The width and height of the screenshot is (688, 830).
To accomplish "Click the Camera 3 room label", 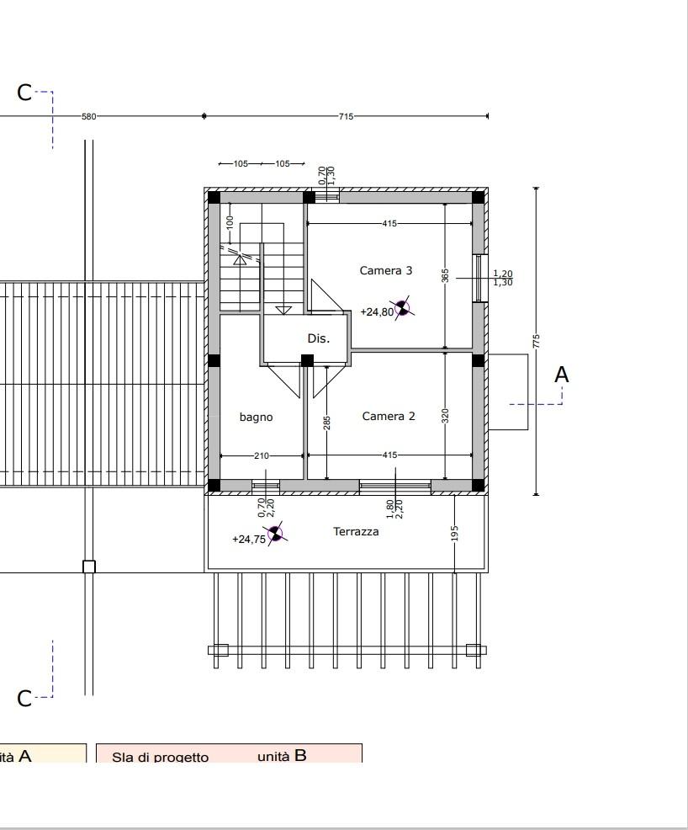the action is pyautogui.click(x=385, y=270).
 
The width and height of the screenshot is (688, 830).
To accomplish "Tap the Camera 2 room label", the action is pyautogui.click(x=389, y=416).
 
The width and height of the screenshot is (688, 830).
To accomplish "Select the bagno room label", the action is pyautogui.click(x=256, y=418).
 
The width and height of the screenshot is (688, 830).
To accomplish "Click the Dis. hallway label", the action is pyautogui.click(x=319, y=338).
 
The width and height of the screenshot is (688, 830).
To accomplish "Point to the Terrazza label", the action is pyautogui.click(x=356, y=531).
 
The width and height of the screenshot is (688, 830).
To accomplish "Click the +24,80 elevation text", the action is pyautogui.click(x=377, y=311).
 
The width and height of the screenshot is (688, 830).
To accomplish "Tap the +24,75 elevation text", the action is pyautogui.click(x=249, y=540).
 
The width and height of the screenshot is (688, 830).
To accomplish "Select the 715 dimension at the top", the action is pyautogui.click(x=346, y=116).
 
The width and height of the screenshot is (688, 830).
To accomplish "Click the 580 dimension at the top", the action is pyautogui.click(x=89, y=116).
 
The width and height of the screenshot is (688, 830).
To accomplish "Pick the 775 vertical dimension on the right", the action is pyautogui.click(x=537, y=341).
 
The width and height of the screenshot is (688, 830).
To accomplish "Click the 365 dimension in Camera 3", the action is pyautogui.click(x=445, y=276).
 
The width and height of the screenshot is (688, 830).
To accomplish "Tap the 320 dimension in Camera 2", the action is pyautogui.click(x=445, y=416).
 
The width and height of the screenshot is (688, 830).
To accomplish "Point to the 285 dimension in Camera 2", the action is pyautogui.click(x=327, y=423).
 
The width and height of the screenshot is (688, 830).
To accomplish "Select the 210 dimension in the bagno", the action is pyautogui.click(x=262, y=455).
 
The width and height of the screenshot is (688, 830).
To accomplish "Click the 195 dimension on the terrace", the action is pyautogui.click(x=454, y=533).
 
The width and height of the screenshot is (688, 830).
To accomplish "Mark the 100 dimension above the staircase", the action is pyautogui.click(x=230, y=221).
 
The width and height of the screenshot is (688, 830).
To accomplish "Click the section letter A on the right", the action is pyautogui.click(x=561, y=375).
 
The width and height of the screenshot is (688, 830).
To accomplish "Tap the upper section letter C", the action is pyautogui.click(x=24, y=93).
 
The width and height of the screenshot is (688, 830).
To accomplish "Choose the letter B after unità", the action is pyautogui.click(x=300, y=755).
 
